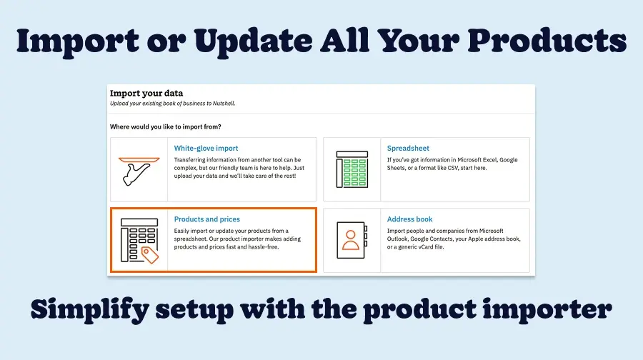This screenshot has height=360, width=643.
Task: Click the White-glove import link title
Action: [x=206, y=148]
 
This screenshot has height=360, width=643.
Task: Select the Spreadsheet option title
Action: [x=408, y=148]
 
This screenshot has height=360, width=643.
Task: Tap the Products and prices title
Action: [x=207, y=219]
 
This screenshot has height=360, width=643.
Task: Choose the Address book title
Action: [x=409, y=219]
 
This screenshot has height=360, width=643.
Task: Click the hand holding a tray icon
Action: [x=139, y=169]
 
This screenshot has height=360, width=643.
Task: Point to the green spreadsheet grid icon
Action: [x=352, y=169]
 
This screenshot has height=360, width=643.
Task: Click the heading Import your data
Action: [x=146, y=93]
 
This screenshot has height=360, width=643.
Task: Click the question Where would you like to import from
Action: [x=165, y=126]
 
